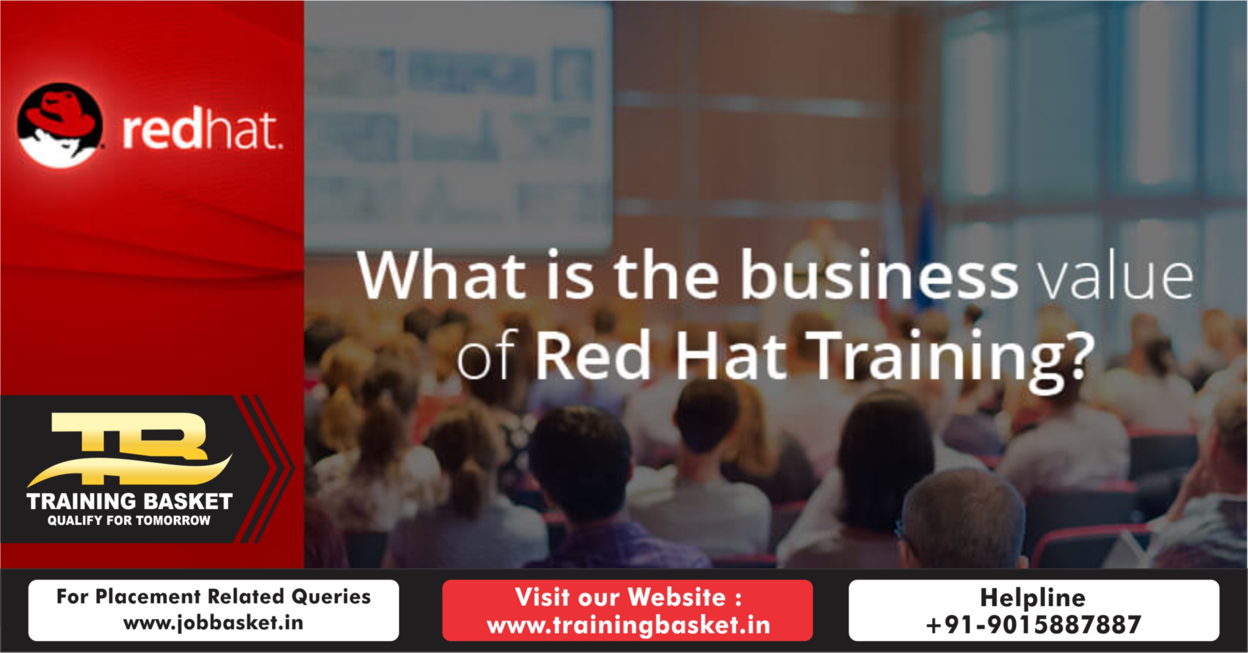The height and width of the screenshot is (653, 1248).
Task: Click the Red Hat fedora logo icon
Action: [x=60, y=125]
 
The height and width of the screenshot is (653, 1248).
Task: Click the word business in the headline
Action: [x=878, y=275]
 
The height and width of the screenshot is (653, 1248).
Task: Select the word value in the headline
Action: [x=1116, y=277]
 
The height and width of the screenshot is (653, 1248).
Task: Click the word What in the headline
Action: [x=441, y=275]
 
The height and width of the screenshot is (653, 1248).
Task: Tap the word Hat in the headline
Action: [x=731, y=356]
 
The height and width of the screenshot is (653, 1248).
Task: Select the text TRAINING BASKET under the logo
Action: [x=129, y=501]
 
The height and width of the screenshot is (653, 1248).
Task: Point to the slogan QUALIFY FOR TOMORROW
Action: [x=129, y=520]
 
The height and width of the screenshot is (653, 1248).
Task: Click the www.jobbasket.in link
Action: [x=213, y=623]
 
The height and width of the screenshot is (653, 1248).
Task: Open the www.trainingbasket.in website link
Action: [x=628, y=625]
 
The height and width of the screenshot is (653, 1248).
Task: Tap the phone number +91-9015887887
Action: [x=1033, y=625]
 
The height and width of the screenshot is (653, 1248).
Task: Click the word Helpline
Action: [x=1032, y=598]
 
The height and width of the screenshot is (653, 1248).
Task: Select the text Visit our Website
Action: [x=628, y=597]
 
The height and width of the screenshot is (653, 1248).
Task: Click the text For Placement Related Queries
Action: [x=213, y=597]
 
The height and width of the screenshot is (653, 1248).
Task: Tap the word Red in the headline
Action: [x=592, y=356]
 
